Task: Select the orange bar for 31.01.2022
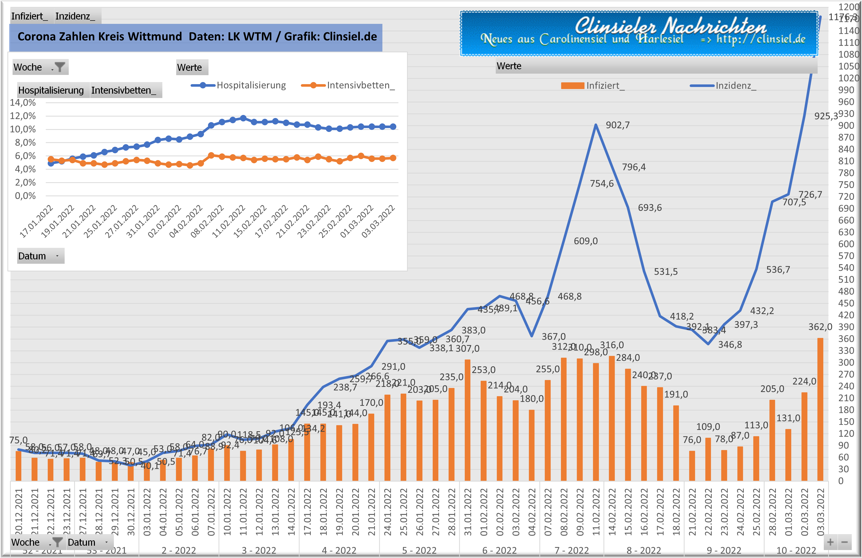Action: tap(467, 420)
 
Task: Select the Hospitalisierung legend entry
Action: tap(239, 85)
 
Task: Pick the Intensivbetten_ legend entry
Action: tap(348, 85)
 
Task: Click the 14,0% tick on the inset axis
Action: tap(23, 103)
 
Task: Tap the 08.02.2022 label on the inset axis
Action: tap(207, 221)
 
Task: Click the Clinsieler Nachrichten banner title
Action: tap(670, 26)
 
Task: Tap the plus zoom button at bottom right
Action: tap(830, 542)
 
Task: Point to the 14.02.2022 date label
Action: tap(612, 512)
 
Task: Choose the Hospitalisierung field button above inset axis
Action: tap(51, 90)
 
